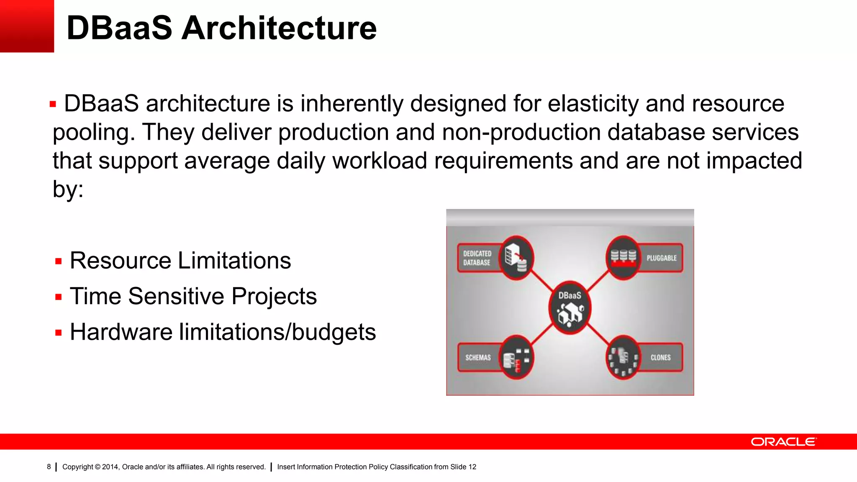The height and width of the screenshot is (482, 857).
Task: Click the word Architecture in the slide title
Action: coord(279,28)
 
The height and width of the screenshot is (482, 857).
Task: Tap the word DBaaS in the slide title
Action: coord(119,28)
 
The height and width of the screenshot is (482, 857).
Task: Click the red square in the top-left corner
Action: coord(27,26)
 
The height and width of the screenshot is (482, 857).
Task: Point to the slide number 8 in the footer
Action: coord(49,467)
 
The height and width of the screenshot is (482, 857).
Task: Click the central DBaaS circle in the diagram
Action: coord(570,308)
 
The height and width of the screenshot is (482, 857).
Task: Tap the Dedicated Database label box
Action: coord(477,258)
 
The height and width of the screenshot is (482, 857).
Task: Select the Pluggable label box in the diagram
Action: coord(661,258)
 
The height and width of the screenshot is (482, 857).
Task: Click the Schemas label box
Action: coord(478,357)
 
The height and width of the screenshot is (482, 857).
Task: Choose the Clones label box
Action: coord(660,357)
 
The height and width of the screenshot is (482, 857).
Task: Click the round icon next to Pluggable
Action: coord(623,257)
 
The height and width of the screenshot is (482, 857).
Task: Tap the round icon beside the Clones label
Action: coord(623,357)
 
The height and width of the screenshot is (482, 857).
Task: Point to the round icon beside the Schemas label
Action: coord(516,357)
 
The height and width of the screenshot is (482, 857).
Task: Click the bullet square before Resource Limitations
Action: coord(59,262)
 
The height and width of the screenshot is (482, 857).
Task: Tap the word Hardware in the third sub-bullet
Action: coord(121,332)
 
